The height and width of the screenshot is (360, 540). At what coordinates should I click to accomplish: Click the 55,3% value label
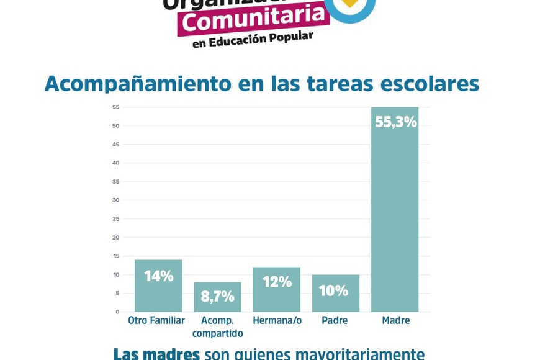click(395, 122)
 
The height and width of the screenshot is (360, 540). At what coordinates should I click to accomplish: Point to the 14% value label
click(158, 276)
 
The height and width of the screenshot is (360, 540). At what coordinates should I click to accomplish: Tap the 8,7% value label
click(217, 297)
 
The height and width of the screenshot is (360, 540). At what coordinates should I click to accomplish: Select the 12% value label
click(277, 282)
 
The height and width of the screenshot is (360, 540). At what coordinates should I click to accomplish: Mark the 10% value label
click(333, 290)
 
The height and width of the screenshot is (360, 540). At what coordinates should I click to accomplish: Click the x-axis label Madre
click(395, 321)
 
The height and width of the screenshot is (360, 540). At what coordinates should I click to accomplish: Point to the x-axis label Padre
click(335, 321)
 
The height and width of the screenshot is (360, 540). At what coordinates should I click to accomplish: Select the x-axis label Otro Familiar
click(156, 321)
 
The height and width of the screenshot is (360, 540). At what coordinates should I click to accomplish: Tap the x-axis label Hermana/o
click(277, 321)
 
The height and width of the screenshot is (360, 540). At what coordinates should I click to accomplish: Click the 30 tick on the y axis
click(116, 200)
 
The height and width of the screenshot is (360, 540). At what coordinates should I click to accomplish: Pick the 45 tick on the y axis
click(116, 144)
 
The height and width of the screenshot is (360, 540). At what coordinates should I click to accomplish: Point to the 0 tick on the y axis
click(117, 312)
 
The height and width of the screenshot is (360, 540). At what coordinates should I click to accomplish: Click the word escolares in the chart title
click(430, 84)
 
